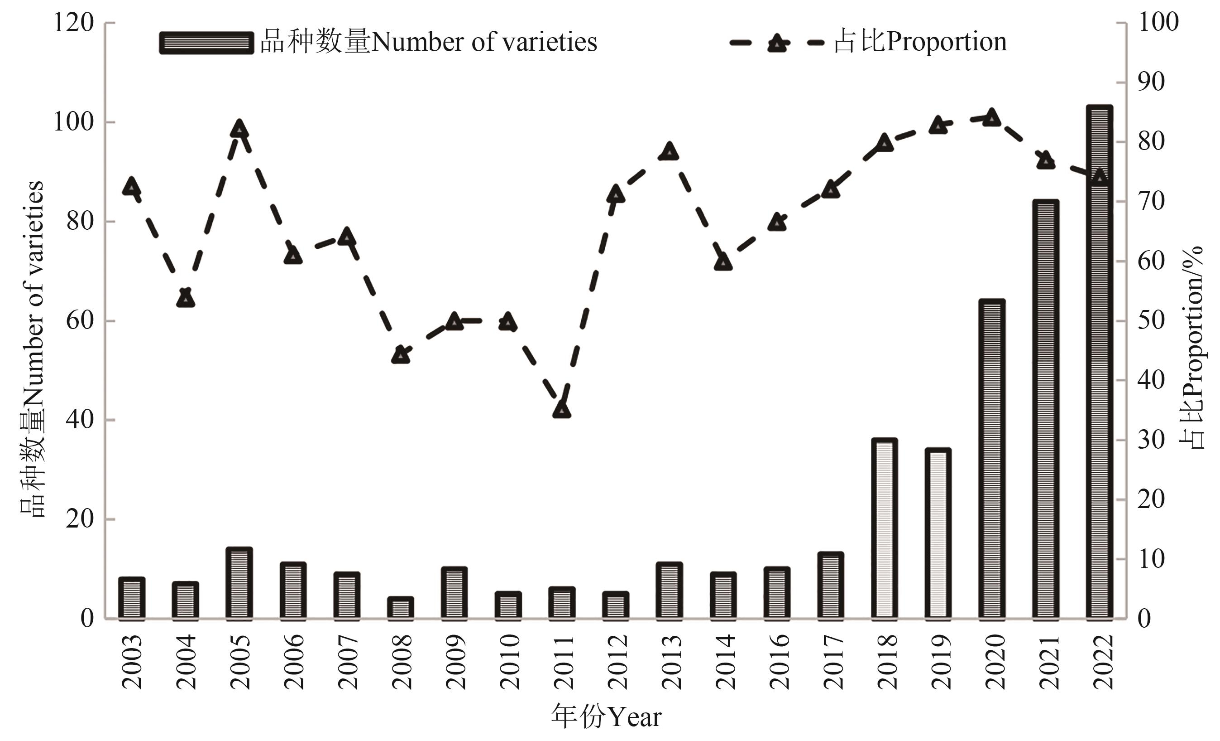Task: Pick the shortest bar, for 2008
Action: [x=401, y=609]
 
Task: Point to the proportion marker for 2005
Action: [x=239, y=129]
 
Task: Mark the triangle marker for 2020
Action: [x=992, y=118]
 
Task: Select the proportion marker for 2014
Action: [x=723, y=262]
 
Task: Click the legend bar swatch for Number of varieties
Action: [x=206, y=43]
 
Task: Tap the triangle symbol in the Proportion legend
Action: [x=777, y=44]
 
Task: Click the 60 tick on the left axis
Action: [x=80, y=321]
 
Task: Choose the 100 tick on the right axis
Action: [x=1158, y=23]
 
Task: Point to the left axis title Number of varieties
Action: [x=33, y=349]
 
